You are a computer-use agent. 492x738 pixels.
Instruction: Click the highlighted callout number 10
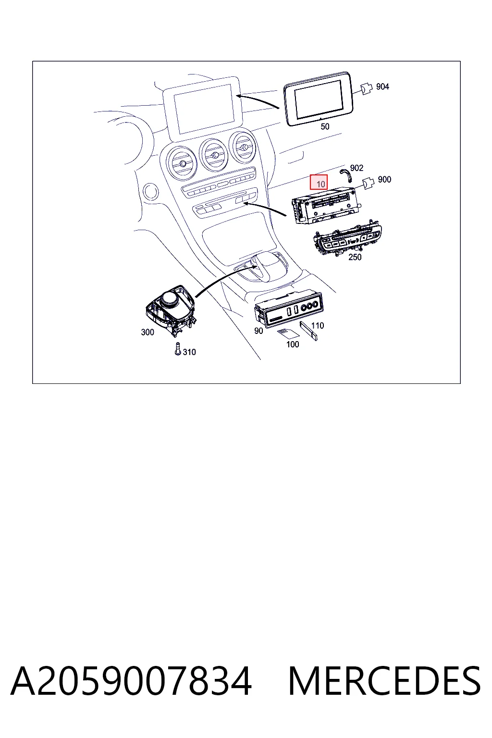(x=319, y=182)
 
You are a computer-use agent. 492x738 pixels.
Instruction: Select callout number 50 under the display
(x=325, y=126)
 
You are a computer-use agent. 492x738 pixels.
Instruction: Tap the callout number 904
(x=382, y=86)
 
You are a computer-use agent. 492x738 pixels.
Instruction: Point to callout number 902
(x=357, y=168)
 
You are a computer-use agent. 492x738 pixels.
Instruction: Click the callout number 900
(x=384, y=180)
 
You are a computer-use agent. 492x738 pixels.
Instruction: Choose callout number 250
(x=355, y=257)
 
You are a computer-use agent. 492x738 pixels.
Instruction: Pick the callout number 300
(x=148, y=332)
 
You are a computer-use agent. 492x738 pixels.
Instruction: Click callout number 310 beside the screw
(x=189, y=352)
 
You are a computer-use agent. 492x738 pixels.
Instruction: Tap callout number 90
(x=258, y=331)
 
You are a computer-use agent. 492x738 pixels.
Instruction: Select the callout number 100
(x=293, y=344)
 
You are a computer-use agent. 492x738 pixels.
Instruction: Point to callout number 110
(x=317, y=325)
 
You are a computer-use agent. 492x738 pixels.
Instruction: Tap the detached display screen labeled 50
(x=319, y=98)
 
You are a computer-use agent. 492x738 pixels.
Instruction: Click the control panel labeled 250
(x=347, y=239)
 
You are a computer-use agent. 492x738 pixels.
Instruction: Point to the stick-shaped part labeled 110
(x=309, y=331)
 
